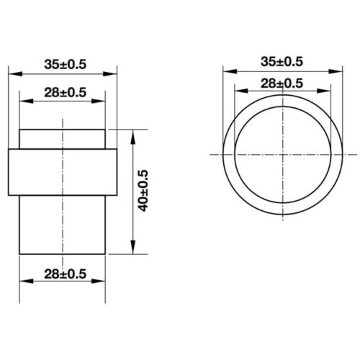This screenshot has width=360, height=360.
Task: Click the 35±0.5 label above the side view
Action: click(x=63, y=64)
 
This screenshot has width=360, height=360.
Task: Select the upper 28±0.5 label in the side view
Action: click(x=63, y=92)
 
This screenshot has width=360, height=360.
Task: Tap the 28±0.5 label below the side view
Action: click(x=63, y=274)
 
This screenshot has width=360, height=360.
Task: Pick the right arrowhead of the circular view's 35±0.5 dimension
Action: click(x=337, y=70)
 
